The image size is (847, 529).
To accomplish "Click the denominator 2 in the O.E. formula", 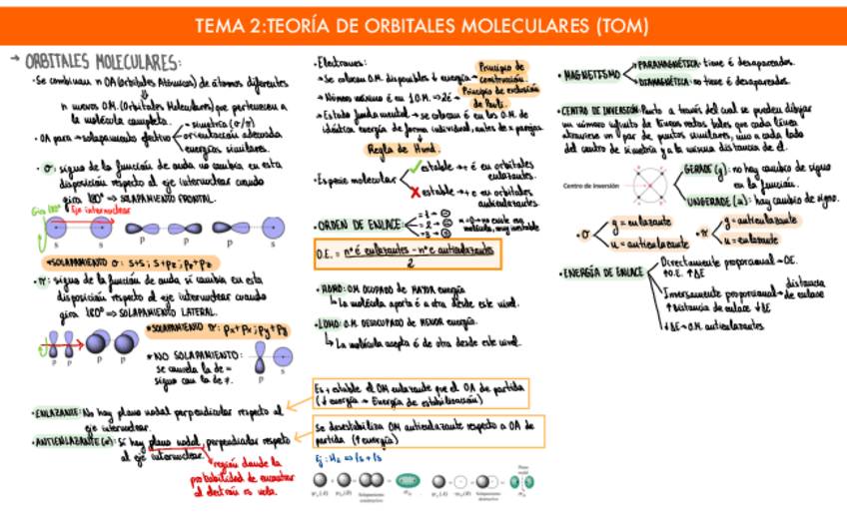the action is click(409, 264).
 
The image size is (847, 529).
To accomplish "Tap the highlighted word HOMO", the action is click(333, 289).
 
